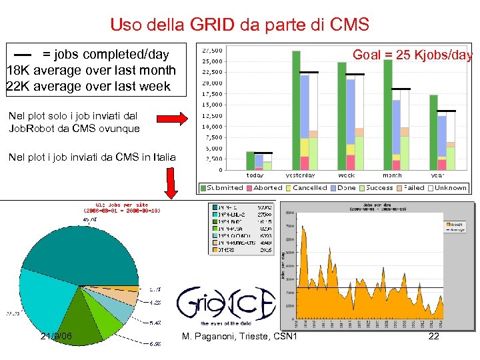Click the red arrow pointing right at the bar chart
[175, 119]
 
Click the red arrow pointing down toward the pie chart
[171, 183]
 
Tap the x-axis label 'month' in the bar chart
[392, 175]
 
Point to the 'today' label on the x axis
[255, 175]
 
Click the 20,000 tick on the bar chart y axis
[213, 83]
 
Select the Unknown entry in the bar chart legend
[450, 188]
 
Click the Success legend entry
[380, 188]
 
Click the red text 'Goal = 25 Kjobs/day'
[412, 55]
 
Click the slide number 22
[433, 337]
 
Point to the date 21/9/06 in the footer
[56, 337]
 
